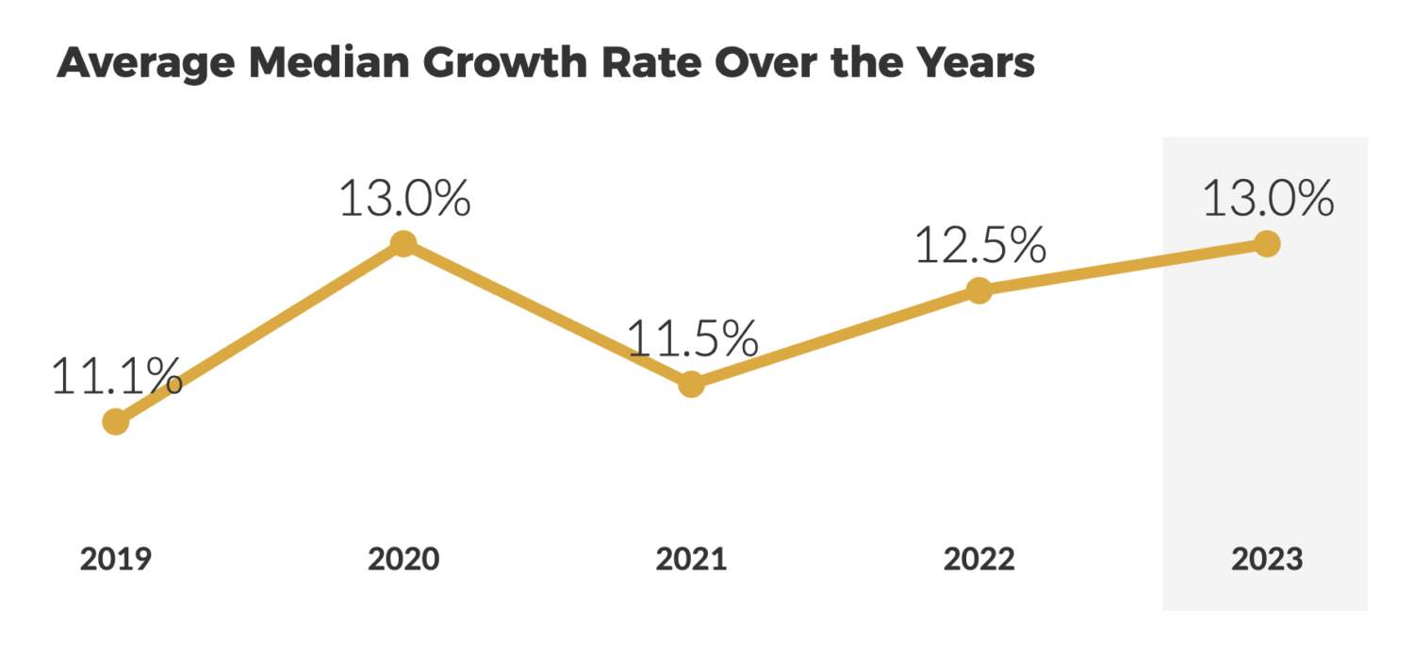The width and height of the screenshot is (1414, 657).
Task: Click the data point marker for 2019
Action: pos(115,421)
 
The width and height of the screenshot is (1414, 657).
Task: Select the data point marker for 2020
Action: pos(403,244)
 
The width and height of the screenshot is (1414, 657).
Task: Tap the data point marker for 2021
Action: pos(691,385)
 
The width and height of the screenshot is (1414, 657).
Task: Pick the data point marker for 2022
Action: pos(979,290)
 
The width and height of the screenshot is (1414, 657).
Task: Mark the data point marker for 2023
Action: pos(1267,244)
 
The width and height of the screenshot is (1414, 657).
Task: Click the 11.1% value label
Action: pos(116,377)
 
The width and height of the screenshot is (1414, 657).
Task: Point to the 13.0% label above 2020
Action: pos(403,199)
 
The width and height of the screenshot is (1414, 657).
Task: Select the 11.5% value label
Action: pos(692,339)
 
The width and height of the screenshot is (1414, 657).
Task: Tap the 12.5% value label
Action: pos(979,245)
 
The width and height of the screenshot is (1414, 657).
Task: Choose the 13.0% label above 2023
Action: pos(1268,199)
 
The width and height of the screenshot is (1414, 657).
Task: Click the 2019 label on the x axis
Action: pos(115,559)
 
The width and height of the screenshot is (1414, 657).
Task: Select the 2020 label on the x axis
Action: pos(403,559)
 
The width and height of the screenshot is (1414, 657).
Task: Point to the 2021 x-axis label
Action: pos(691,559)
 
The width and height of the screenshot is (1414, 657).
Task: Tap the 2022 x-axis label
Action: pos(979,559)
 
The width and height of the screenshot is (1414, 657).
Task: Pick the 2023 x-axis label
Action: pos(1267,559)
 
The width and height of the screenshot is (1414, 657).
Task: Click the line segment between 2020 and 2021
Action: pos(547,314)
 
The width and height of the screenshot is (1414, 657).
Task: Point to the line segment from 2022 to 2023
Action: pos(1123,267)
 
